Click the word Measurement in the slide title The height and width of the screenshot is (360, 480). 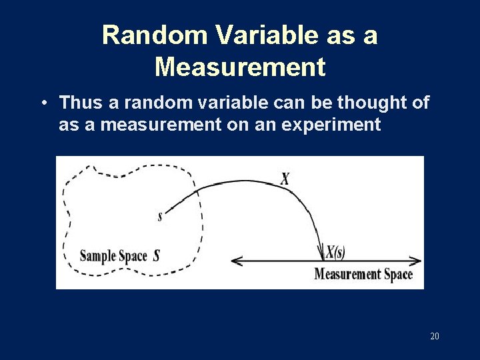[x=240, y=67]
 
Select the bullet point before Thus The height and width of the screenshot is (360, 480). [x=43, y=103]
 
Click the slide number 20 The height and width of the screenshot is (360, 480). [x=435, y=336]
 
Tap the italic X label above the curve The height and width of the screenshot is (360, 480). [x=285, y=179]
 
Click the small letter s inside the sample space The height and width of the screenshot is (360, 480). [x=160, y=216]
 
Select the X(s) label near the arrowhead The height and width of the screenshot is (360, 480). [x=335, y=251]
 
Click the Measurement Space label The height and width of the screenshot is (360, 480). [x=363, y=274]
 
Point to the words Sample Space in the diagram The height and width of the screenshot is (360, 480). [x=114, y=255]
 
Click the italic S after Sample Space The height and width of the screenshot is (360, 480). [x=156, y=255]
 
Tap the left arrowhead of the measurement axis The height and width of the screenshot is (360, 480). [x=234, y=261]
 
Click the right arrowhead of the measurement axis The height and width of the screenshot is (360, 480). [x=418, y=261]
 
